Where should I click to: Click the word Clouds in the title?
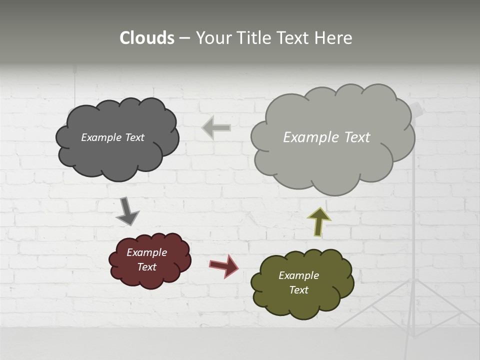point(146,38)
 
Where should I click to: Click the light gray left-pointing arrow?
point(216,127)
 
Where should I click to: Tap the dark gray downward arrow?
point(127,211)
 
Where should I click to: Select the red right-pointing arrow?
point(224,265)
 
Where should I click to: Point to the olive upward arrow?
point(319,221)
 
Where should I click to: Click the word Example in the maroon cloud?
point(146,252)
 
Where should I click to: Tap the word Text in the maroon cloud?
point(146,267)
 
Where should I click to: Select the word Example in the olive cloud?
point(298,275)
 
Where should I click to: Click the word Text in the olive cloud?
point(298,290)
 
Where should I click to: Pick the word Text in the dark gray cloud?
point(133,137)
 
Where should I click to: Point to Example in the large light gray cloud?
point(307,137)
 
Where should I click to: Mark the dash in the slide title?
point(184,38)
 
